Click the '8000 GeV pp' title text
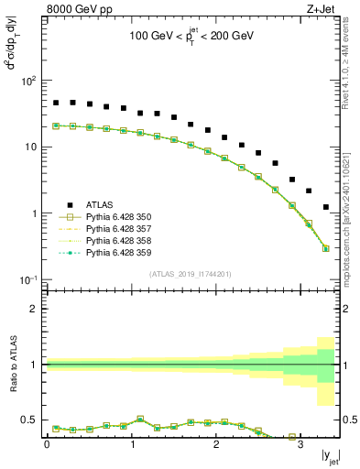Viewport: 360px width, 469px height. pyautogui.click(x=78, y=11)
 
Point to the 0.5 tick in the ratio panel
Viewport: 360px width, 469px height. pyautogui.click(x=32, y=420)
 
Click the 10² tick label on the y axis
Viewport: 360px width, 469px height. pyautogui.click(x=28, y=81)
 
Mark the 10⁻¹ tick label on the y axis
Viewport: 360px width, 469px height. pyautogui.click(x=28, y=279)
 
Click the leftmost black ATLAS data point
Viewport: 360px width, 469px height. pyautogui.click(x=56, y=103)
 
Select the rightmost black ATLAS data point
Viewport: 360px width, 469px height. pyautogui.click(x=326, y=207)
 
